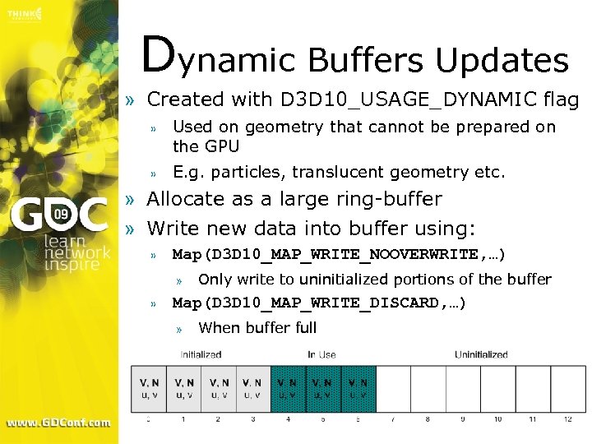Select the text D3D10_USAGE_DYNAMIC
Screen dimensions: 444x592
pos(409,99)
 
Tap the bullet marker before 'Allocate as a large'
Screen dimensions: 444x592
pos(130,200)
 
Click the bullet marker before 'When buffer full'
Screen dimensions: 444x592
pos(179,328)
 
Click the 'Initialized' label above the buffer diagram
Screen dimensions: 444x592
pos(201,355)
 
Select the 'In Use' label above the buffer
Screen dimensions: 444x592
pos(322,355)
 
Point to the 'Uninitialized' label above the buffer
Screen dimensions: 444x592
pos(481,355)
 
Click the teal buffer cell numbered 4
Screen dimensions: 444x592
pos(288,388)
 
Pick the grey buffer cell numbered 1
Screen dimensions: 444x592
pos(183,388)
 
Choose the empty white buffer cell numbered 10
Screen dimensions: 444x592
pos(498,388)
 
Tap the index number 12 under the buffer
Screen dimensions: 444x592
pos(568,419)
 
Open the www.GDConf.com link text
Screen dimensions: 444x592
pos(58,423)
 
